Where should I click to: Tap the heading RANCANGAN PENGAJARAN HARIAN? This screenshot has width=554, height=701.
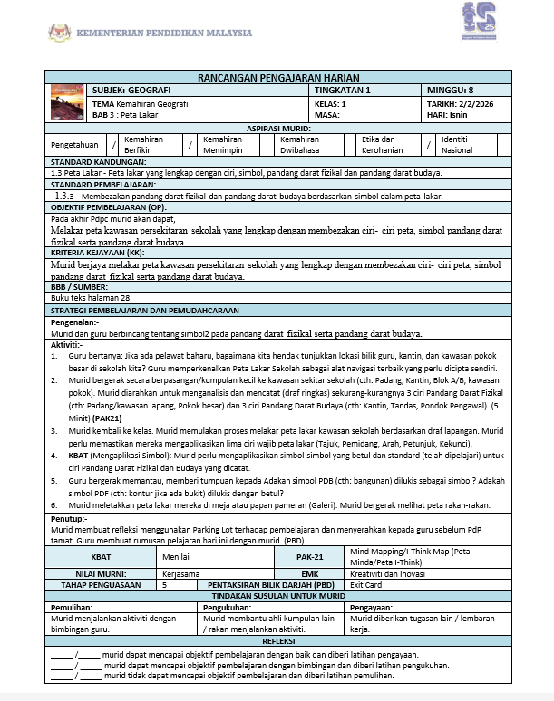277,79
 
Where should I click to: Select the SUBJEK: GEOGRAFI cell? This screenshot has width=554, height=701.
136,91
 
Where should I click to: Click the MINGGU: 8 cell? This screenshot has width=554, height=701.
451,91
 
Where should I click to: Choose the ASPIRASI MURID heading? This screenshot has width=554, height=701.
277,130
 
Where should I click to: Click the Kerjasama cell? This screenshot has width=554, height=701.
182,573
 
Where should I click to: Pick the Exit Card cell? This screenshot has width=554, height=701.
366,584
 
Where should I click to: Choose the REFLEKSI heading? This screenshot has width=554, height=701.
277,641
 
